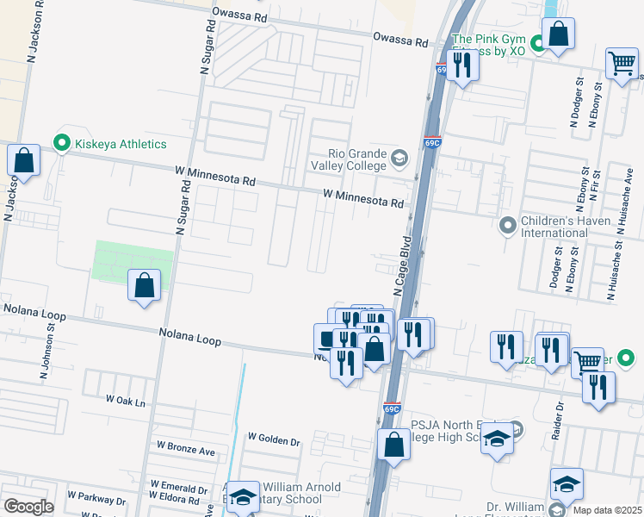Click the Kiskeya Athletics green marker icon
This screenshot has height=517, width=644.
(62, 143)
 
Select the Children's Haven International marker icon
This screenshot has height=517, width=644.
(508, 226)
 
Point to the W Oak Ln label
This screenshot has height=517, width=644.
(126, 401)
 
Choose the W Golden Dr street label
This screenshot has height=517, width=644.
(274, 441)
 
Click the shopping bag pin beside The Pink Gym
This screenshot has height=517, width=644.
(558, 34)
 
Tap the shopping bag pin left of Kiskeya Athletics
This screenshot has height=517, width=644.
(23, 160)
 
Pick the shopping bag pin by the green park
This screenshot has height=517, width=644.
(144, 285)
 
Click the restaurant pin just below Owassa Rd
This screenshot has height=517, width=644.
(462, 65)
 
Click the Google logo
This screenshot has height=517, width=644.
(28, 507)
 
